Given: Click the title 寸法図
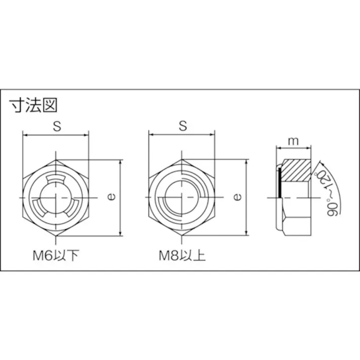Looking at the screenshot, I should click(x=34, y=106).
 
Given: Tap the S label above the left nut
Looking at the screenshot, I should click(x=57, y=127).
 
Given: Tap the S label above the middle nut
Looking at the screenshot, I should click(x=182, y=127).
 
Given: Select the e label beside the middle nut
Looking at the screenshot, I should click(x=238, y=198).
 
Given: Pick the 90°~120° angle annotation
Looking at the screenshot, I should click(x=328, y=191).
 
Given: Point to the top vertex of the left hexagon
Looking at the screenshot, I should click(x=57, y=160).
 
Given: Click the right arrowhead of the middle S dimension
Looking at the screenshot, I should click(x=212, y=135).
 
